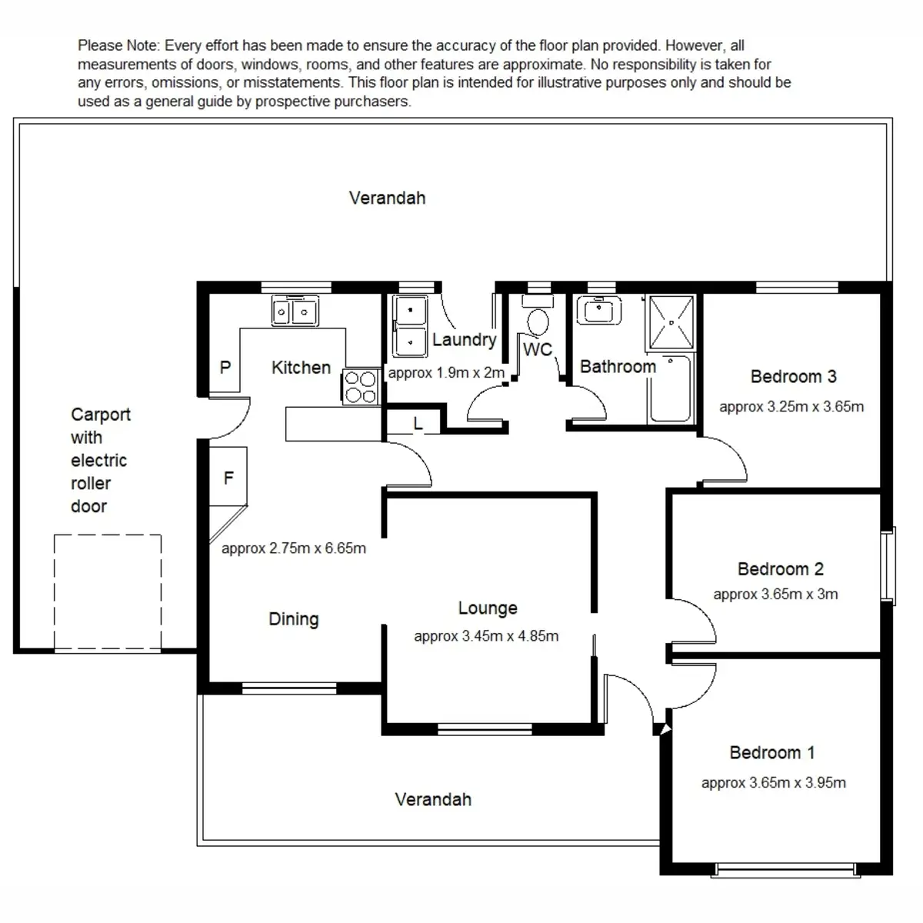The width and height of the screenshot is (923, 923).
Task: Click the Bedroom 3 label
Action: point(793,377)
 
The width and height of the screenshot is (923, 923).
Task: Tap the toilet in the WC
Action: point(538,319)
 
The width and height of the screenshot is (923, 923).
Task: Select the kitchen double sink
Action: point(295,312)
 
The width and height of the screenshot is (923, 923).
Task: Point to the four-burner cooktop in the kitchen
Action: point(359,386)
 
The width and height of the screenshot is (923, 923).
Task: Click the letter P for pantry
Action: point(225,368)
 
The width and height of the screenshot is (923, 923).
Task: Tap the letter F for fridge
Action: point(228,478)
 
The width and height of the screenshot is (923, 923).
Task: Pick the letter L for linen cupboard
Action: point(418,424)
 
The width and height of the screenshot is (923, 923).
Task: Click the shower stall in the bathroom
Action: point(672,322)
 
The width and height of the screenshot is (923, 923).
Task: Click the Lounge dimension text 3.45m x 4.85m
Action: point(486,637)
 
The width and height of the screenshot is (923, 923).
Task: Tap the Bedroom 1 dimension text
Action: point(773,783)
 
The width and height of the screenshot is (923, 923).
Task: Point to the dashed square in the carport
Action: point(108,592)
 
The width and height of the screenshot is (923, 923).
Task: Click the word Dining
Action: point(293,619)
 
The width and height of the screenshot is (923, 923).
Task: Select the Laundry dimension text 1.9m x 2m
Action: point(446,374)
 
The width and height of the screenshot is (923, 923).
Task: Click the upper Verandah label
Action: point(387,198)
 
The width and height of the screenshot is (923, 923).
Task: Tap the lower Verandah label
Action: point(433,800)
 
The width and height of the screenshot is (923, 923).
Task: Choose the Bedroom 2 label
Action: point(780,569)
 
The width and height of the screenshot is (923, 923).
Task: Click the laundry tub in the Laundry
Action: point(410,327)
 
